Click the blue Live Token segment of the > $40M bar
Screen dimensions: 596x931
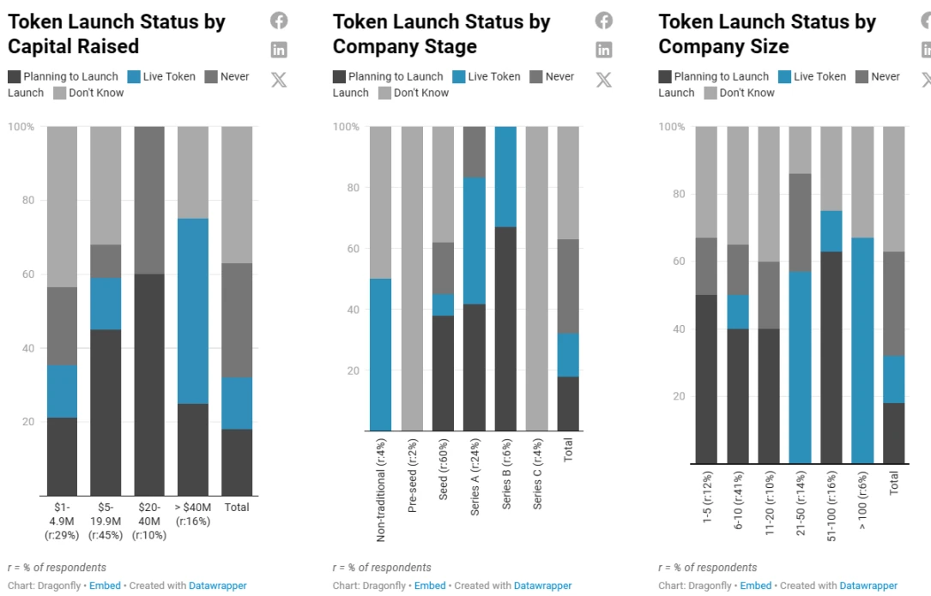pos(193,310)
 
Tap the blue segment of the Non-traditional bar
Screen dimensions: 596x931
pos(380,354)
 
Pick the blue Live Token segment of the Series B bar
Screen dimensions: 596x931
pos(505,177)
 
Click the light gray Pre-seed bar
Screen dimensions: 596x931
pos(412,279)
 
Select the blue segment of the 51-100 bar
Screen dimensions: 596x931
pos(831,231)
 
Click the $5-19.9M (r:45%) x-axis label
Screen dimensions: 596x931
pos(106,521)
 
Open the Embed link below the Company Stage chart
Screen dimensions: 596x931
pos(430,586)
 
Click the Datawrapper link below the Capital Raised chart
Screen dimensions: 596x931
pos(218,586)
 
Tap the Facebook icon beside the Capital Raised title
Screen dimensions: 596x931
pos(279,21)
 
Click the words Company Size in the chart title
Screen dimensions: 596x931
pos(723,46)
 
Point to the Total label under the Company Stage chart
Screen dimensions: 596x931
pos(568,449)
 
